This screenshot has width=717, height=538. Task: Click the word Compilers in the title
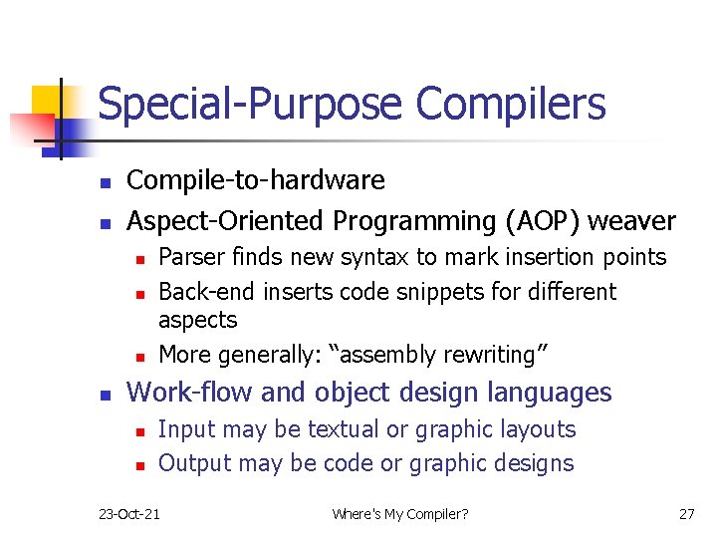tap(510, 105)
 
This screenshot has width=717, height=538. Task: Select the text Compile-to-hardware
tap(256, 180)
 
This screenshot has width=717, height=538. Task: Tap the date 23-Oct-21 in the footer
tap(130, 514)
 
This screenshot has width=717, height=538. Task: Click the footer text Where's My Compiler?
tap(400, 514)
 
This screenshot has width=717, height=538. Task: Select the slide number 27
tap(686, 514)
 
